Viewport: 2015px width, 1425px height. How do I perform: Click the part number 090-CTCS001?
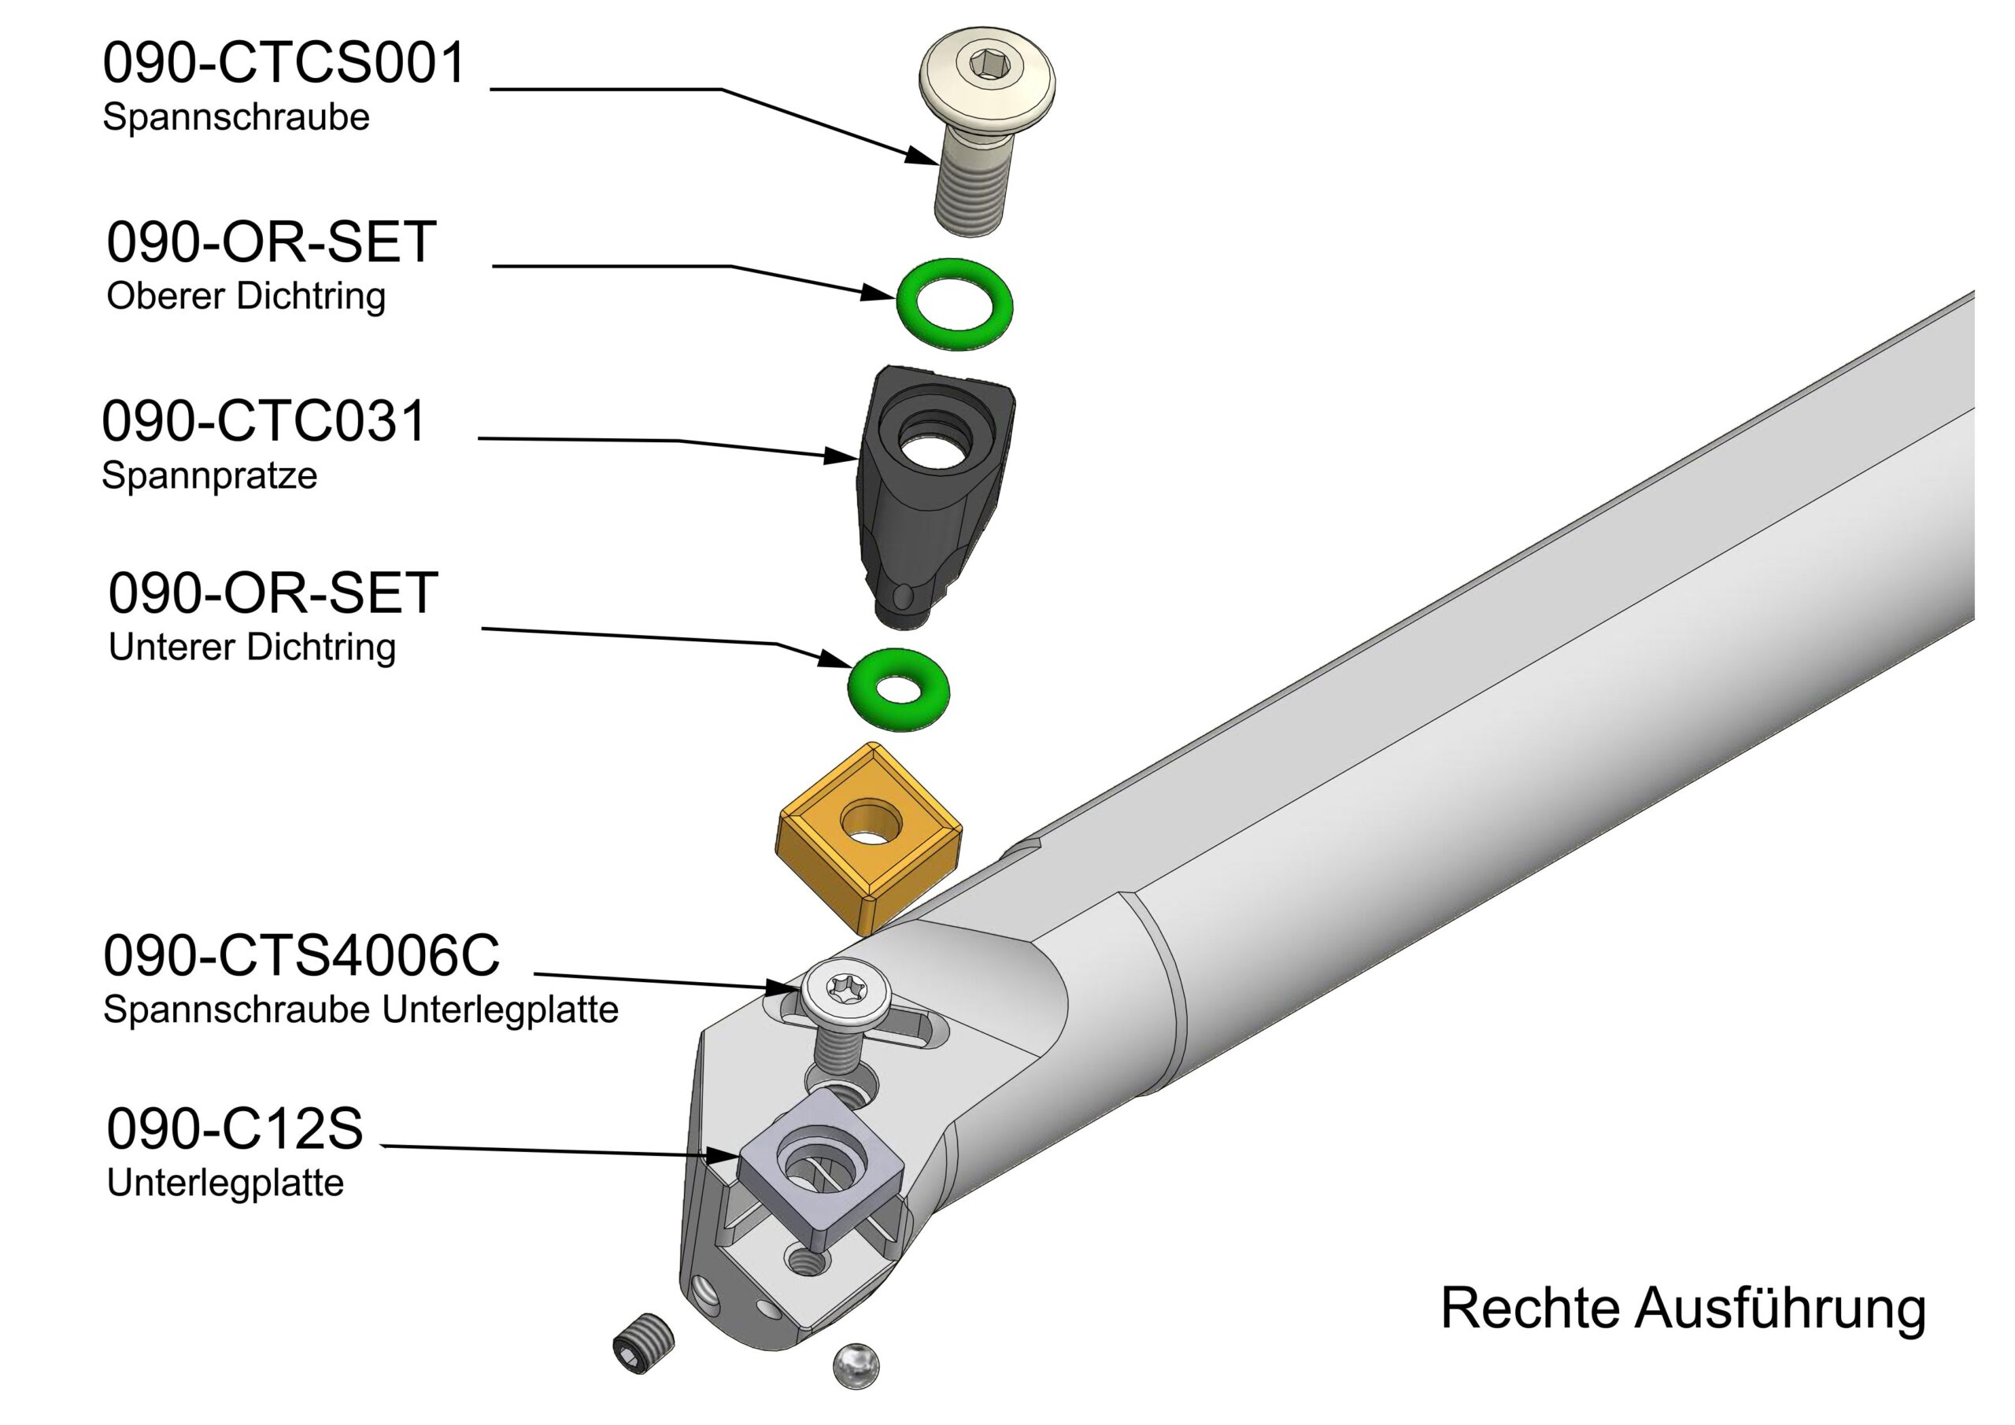[x=283, y=63]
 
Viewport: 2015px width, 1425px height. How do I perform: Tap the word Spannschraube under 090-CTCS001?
[x=235, y=117]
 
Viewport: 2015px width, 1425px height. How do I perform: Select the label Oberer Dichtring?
[x=246, y=297]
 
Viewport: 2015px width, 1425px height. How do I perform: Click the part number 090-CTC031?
[x=263, y=421]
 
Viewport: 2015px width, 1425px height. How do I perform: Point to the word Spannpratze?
[x=209, y=475]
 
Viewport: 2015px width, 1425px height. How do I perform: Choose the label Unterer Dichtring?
[x=252, y=648]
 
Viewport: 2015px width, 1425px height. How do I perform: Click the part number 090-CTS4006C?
[x=301, y=955]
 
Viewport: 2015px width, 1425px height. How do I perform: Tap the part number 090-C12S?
[x=235, y=1128]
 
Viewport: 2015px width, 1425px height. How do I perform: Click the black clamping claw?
[x=930, y=509]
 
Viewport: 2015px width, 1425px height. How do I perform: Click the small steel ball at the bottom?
[x=855, y=1364]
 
